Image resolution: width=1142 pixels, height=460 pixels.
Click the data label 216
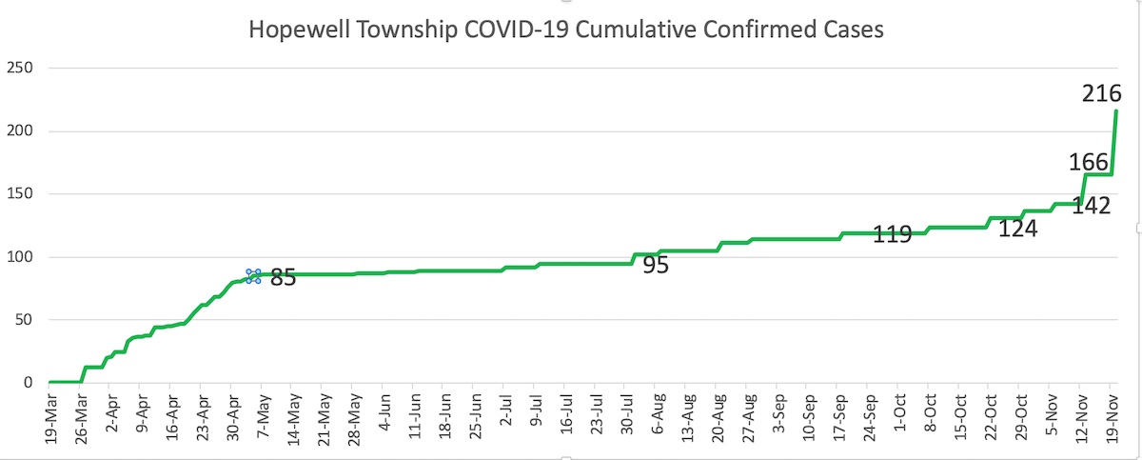coord(1103,94)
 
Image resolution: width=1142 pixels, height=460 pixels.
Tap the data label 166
coord(1089,162)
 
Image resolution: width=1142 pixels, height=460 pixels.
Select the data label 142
coord(1092,205)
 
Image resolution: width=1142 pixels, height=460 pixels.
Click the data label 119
coord(893,234)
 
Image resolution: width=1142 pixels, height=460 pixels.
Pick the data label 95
coord(656,266)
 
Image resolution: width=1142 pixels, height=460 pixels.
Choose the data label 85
coord(284,278)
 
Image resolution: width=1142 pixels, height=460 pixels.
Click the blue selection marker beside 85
coord(253,276)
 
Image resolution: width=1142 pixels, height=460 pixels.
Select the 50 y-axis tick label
coord(24,320)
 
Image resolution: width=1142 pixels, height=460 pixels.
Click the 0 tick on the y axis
coord(29,383)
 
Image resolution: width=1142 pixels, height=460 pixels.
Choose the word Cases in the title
coord(855,30)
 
